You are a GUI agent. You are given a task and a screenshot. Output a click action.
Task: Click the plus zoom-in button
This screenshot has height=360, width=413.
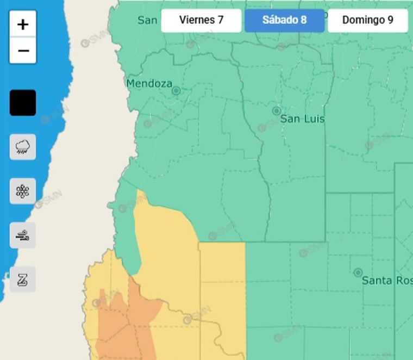pyautogui.click(x=23, y=24)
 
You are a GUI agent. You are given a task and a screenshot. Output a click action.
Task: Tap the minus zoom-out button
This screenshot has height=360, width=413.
pyautogui.click(x=23, y=51)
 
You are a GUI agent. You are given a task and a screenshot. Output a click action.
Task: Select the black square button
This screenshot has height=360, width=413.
pyautogui.click(x=23, y=103)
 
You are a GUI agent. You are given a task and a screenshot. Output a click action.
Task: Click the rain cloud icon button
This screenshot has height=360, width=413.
pyautogui.click(x=23, y=147)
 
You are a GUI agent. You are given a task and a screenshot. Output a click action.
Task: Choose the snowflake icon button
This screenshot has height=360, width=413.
pyautogui.click(x=23, y=191)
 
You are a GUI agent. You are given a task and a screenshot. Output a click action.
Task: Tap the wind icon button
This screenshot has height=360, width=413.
pyautogui.click(x=23, y=235)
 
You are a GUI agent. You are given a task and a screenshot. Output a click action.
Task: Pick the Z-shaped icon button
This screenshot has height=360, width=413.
pyautogui.click(x=23, y=280)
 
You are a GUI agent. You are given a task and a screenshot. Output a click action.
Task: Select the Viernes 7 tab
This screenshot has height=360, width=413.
pyautogui.click(x=201, y=21)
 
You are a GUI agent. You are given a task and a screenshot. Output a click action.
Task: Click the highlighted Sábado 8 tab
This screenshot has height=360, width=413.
pyautogui.click(x=284, y=21)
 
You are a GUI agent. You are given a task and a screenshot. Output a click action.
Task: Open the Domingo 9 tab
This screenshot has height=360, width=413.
pyautogui.click(x=367, y=21)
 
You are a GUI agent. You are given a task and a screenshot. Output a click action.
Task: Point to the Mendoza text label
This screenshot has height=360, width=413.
pyautogui.click(x=149, y=84)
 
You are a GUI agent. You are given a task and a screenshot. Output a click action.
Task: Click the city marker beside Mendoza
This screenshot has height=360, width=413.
pyautogui.click(x=176, y=91)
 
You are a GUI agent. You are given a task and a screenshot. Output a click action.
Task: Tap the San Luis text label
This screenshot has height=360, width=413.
pyautogui.click(x=302, y=119)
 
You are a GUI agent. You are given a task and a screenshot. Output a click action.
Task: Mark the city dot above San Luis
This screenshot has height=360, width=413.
pyautogui.click(x=276, y=111)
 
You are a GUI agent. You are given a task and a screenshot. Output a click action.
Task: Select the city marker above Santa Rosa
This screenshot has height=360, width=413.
pyautogui.click(x=358, y=272)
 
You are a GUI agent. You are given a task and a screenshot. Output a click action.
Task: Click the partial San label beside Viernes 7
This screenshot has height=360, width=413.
pyautogui.click(x=147, y=21)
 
